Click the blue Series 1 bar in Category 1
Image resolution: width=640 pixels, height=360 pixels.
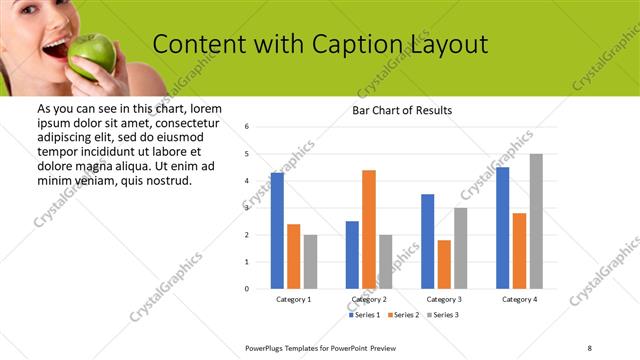tap(277, 230)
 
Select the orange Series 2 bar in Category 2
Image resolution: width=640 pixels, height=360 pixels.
tap(369, 229)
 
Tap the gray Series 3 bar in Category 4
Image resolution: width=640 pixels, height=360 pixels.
tap(536, 221)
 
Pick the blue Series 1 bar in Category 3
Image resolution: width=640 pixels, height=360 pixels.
tap(428, 241)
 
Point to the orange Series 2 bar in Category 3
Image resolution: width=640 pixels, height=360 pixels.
tap(444, 264)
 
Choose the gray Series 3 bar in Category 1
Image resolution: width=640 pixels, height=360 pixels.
tap(310, 261)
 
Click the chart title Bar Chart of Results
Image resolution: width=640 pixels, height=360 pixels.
tap(402, 110)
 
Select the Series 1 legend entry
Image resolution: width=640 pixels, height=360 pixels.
tap(364, 315)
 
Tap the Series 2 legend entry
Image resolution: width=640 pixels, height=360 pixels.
tap(403, 315)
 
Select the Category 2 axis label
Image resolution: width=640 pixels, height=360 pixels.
tap(369, 300)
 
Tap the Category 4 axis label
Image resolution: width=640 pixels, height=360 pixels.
tap(519, 300)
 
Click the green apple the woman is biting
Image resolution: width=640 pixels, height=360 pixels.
tap(92, 55)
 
